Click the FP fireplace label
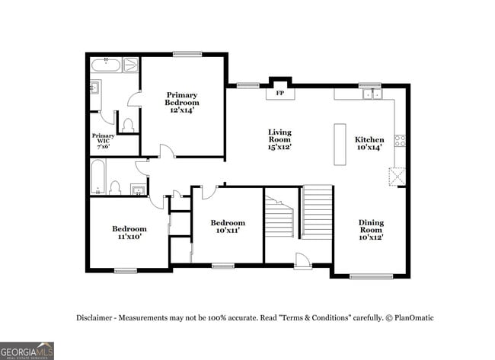pyautogui.click(x=279, y=93)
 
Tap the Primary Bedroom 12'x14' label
pyautogui.click(x=183, y=103)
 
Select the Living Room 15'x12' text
pyautogui.click(x=279, y=139)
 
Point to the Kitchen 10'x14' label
pyautogui.click(x=370, y=144)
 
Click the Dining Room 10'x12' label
pyautogui.click(x=371, y=230)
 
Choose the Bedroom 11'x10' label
pyautogui.click(x=129, y=232)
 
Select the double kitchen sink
pyautogui.click(x=372, y=94)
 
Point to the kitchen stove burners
pyautogui.click(x=400, y=140)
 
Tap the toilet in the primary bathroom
pyautogui.click(x=128, y=123)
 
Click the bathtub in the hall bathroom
pyautogui.click(x=97, y=177)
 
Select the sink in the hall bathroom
pyautogui.click(x=138, y=189)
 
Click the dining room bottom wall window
pyautogui.click(x=371, y=276)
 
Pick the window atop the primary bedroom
pyautogui.click(x=184, y=53)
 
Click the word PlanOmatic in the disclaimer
pyautogui.click(x=413, y=318)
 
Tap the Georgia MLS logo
pyautogui.click(x=27, y=350)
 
